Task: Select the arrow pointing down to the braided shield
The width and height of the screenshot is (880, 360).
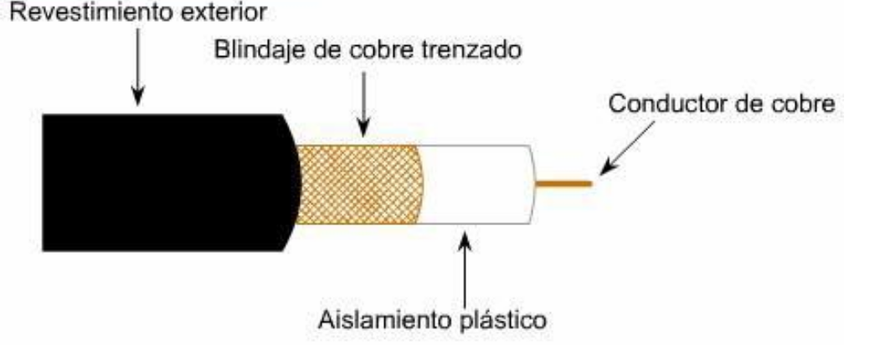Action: pos(364,105)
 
